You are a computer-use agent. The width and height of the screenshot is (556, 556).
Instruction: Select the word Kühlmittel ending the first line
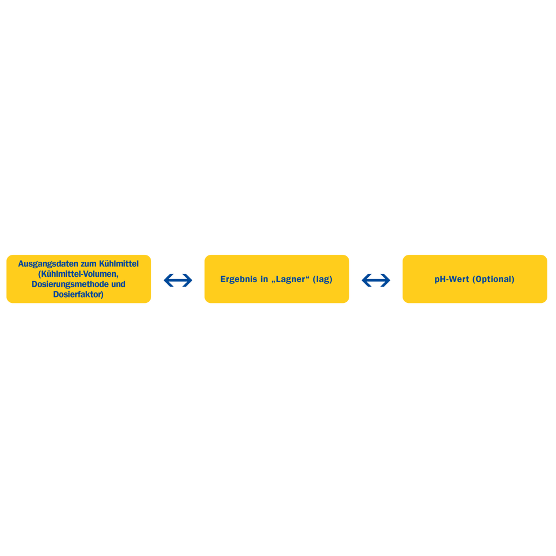click(x=119, y=264)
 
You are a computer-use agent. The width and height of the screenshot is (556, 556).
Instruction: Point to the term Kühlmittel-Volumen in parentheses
click(x=78, y=274)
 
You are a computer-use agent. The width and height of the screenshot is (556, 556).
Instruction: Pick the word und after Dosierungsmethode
click(x=118, y=284)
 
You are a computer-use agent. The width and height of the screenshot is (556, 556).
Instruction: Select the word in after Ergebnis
click(x=264, y=279)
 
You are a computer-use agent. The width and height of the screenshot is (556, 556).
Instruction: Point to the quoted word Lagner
click(x=290, y=279)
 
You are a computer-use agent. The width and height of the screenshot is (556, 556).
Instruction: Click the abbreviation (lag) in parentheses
click(x=323, y=279)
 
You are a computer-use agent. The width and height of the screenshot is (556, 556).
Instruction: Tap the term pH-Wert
click(x=452, y=279)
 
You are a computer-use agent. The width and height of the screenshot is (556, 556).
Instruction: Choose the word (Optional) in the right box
click(x=493, y=279)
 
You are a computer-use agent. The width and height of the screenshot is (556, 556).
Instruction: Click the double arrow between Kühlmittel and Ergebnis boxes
click(x=178, y=280)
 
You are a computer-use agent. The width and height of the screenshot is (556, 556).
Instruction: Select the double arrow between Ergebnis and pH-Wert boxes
click(x=376, y=280)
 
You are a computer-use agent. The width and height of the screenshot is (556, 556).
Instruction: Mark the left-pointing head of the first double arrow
click(x=167, y=280)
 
